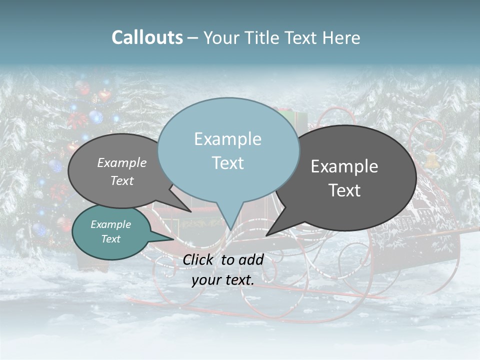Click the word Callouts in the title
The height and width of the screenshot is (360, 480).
click(x=147, y=37)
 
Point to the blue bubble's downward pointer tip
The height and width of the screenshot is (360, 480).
click(x=230, y=229)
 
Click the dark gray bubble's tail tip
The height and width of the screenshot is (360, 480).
click(x=267, y=234)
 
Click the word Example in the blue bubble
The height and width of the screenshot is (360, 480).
click(x=227, y=139)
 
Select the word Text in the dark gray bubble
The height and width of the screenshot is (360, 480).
click(x=344, y=190)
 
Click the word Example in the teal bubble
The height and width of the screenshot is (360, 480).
click(x=110, y=224)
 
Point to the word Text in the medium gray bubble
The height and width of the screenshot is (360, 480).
click(x=122, y=181)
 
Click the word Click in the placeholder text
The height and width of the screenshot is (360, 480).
click(x=198, y=259)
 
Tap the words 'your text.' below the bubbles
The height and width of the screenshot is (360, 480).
click(x=223, y=280)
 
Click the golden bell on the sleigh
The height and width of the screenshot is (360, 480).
click(x=431, y=160)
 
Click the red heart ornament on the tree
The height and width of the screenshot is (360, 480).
click(x=104, y=94)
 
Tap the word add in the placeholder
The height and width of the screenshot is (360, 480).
click(x=251, y=259)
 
